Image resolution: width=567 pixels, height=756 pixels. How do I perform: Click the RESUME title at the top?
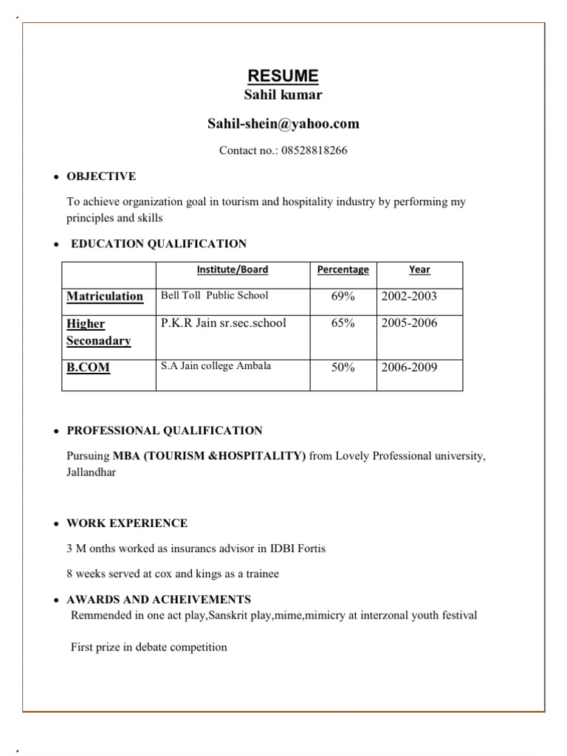click(283, 76)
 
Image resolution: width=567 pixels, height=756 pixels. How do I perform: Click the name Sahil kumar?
click(283, 95)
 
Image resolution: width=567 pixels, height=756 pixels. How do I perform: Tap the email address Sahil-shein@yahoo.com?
click(283, 124)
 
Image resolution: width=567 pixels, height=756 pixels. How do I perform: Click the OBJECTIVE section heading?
click(101, 176)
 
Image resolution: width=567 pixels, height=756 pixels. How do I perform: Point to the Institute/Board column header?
click(233, 269)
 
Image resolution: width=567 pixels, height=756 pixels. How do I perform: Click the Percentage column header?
click(343, 269)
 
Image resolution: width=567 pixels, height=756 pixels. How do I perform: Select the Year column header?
click(419, 269)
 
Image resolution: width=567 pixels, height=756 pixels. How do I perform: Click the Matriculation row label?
click(105, 296)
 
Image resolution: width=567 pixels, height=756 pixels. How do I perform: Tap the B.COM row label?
click(89, 367)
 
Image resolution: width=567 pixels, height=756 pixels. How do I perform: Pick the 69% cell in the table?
click(343, 296)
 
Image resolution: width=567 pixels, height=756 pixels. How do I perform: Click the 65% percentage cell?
click(343, 323)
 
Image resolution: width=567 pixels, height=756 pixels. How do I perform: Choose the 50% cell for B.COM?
click(343, 367)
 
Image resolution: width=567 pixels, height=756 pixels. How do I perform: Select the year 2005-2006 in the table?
click(409, 323)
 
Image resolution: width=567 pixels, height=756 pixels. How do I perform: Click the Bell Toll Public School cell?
click(214, 295)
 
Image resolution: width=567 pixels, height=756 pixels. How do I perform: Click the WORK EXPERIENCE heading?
click(127, 523)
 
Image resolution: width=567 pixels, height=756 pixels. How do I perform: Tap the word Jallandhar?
click(91, 472)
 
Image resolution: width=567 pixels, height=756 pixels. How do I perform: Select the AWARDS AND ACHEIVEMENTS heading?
click(159, 599)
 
